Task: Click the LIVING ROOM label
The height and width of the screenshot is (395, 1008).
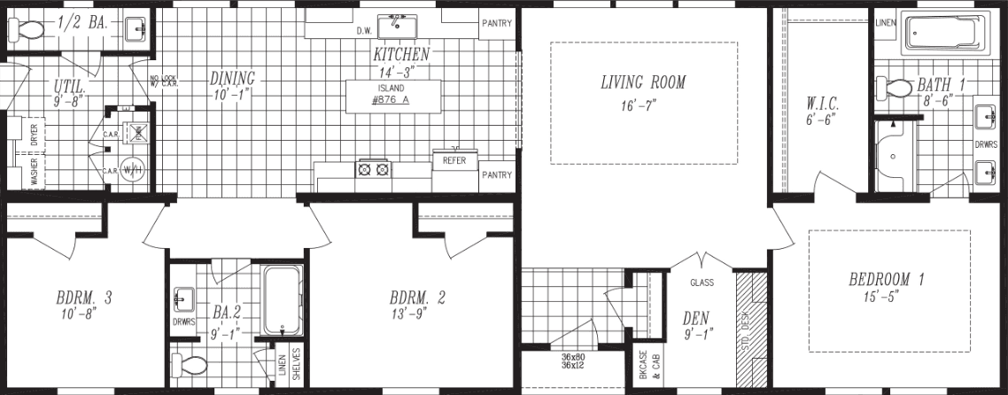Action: (x=643, y=83)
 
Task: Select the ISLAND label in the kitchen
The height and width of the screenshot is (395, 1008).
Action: (x=390, y=89)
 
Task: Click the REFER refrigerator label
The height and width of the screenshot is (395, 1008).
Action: (x=454, y=161)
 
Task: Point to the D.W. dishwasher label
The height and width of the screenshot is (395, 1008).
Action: (x=363, y=30)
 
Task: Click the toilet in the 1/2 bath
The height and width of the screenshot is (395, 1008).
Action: (x=27, y=29)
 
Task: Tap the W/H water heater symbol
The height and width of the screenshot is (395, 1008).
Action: (x=131, y=168)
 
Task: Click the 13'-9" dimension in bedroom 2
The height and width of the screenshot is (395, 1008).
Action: (x=416, y=314)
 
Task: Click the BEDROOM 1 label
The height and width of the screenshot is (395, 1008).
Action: (x=886, y=280)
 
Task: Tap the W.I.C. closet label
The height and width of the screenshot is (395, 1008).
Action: (x=822, y=102)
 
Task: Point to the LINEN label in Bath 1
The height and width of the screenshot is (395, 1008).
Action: (x=885, y=22)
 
